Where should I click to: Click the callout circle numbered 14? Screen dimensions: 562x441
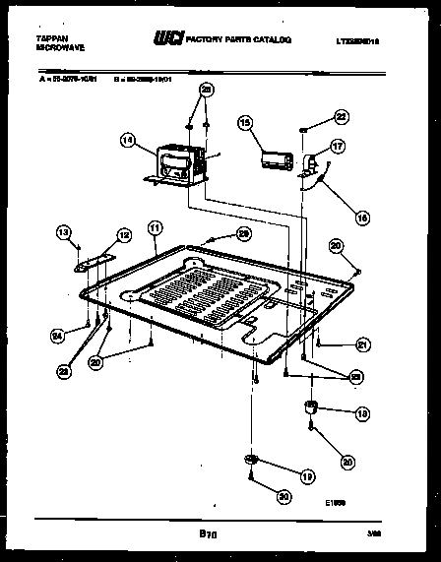point(125,141)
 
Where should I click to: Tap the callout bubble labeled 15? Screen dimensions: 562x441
point(245,122)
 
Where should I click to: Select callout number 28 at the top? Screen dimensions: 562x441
point(206,89)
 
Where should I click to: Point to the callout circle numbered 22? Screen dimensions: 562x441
point(341,116)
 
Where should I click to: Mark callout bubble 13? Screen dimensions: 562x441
point(64,232)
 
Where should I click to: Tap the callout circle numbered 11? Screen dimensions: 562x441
point(154,228)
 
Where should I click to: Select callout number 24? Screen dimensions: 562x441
point(57,336)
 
